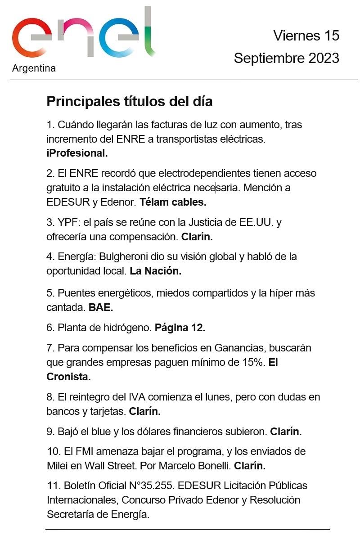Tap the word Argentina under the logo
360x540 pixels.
coord(34,68)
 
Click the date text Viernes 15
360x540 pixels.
coord(306,36)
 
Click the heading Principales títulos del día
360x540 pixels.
coord(130,102)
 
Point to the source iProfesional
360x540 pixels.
coord(77,153)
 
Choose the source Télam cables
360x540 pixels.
coord(173,202)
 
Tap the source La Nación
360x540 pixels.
coord(155,271)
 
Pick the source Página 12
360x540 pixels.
coord(180,328)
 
